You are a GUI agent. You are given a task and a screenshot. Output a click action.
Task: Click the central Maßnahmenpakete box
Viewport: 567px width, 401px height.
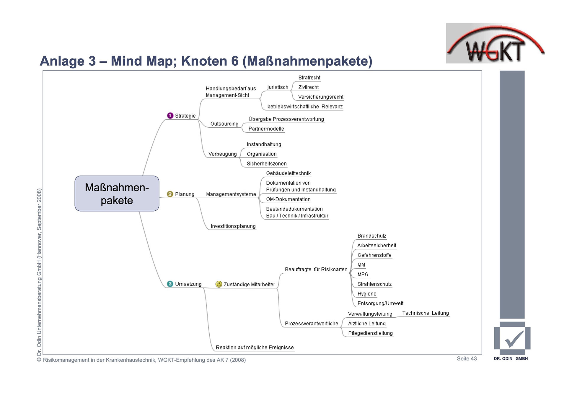pos(117,194)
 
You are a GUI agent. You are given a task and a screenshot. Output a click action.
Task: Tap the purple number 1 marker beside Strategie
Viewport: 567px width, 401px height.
pos(170,116)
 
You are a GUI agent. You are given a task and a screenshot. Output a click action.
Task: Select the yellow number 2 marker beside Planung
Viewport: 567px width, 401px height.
pos(170,194)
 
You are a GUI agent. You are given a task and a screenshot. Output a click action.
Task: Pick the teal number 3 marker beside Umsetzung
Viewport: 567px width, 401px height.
pos(170,284)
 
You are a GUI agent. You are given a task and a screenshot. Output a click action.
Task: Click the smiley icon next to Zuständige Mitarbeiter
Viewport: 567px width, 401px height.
pos(219,284)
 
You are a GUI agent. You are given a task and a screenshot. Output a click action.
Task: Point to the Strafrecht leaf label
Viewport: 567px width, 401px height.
pos(309,78)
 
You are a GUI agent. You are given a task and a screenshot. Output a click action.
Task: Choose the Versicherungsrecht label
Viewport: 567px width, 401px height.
pos(321,97)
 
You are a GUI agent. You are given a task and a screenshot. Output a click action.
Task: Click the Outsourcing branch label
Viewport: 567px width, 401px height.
pos(224,124)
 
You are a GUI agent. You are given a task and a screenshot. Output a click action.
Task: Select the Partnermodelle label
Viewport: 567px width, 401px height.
pos(266,129)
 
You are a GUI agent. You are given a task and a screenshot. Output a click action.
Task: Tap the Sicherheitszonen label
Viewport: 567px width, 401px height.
pos(267,164)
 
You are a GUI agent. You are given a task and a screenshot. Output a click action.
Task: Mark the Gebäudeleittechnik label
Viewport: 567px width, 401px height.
pos(288,173)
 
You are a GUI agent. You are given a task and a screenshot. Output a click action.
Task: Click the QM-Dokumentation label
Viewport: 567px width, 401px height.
pos(288,199)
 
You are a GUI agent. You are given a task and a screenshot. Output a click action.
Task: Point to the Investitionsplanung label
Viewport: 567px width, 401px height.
pos(233,226)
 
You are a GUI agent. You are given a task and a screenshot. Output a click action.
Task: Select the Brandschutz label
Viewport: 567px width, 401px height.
pos(372,236)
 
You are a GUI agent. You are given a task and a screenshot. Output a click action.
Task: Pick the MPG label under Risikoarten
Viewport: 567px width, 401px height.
pos(363,275)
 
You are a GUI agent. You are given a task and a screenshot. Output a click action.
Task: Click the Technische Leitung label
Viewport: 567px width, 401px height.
pos(425,313)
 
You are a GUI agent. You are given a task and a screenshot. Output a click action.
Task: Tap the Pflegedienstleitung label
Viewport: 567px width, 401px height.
pos(370,333)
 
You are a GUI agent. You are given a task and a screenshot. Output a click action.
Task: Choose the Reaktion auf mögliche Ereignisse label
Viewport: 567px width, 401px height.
pos(255,348)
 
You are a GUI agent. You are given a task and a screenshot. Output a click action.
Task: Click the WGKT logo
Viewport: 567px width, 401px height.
pos(495,44)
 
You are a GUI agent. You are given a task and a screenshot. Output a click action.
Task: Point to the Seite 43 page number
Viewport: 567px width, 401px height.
pos(467,359)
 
